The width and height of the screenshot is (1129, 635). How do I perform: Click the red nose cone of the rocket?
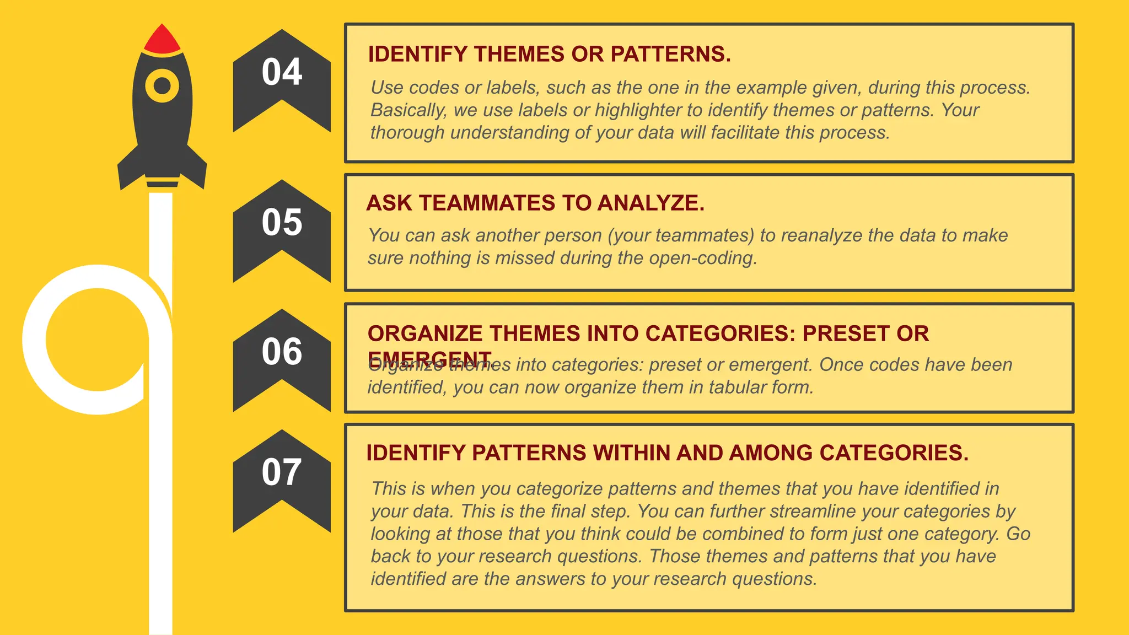(x=162, y=40)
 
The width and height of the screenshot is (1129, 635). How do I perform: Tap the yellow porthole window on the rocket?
(x=162, y=86)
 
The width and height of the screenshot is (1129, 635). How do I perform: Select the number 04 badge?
(x=282, y=72)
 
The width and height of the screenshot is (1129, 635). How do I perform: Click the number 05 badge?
(x=282, y=223)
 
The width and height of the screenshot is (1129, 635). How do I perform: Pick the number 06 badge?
(x=282, y=352)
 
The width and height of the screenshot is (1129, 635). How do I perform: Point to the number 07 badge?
(x=282, y=472)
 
